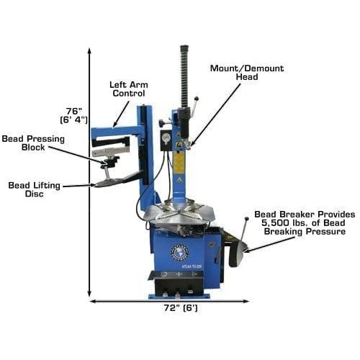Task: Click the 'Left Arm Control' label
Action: click(x=128, y=89)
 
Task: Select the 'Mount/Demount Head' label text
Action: click(x=247, y=73)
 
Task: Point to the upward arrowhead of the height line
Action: click(x=89, y=51)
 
